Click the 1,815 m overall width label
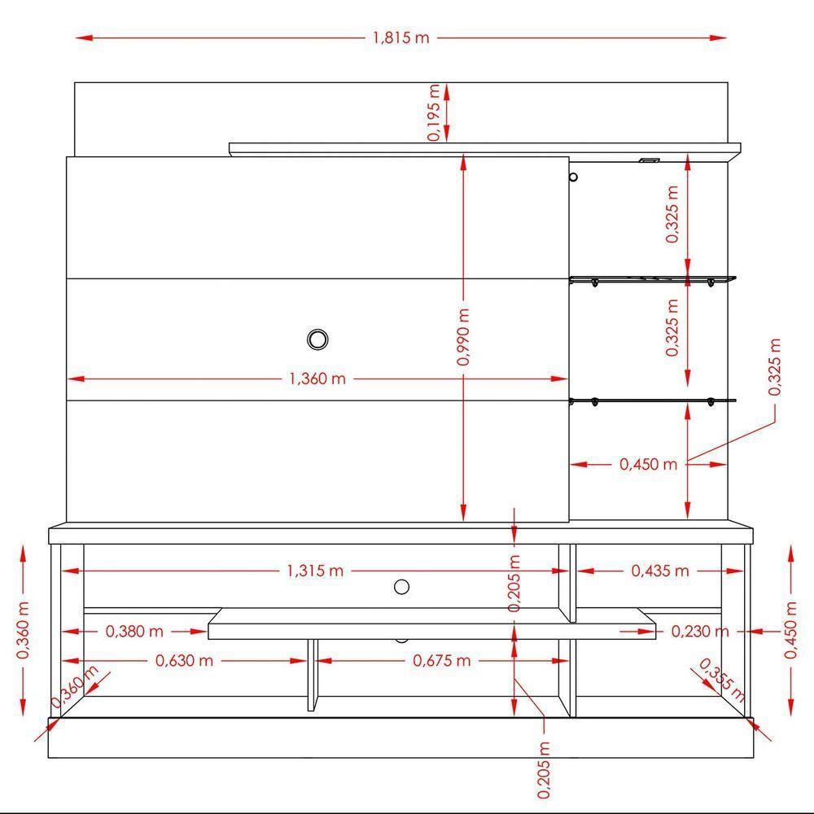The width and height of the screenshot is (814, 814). coord(400,38)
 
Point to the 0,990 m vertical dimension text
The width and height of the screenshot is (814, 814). coord(463,337)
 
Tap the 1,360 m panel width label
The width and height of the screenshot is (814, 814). coord(317,379)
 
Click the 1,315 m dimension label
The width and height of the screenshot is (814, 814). coord(315,571)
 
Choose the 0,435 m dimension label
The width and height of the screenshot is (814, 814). coord(660,571)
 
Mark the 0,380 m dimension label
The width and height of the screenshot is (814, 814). coord(134,631)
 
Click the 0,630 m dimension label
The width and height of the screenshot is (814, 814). coord(184,660)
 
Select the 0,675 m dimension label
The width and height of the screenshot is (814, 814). coord(442,660)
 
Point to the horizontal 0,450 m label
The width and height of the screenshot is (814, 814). coord(648,464)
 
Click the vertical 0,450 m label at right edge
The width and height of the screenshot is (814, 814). coord(791,629)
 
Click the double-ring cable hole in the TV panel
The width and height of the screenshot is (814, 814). coord(318,339)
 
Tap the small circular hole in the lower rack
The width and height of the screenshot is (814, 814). coord(401,586)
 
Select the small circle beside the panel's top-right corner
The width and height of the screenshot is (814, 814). coord(574,177)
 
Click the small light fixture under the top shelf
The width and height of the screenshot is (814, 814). coord(648,160)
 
